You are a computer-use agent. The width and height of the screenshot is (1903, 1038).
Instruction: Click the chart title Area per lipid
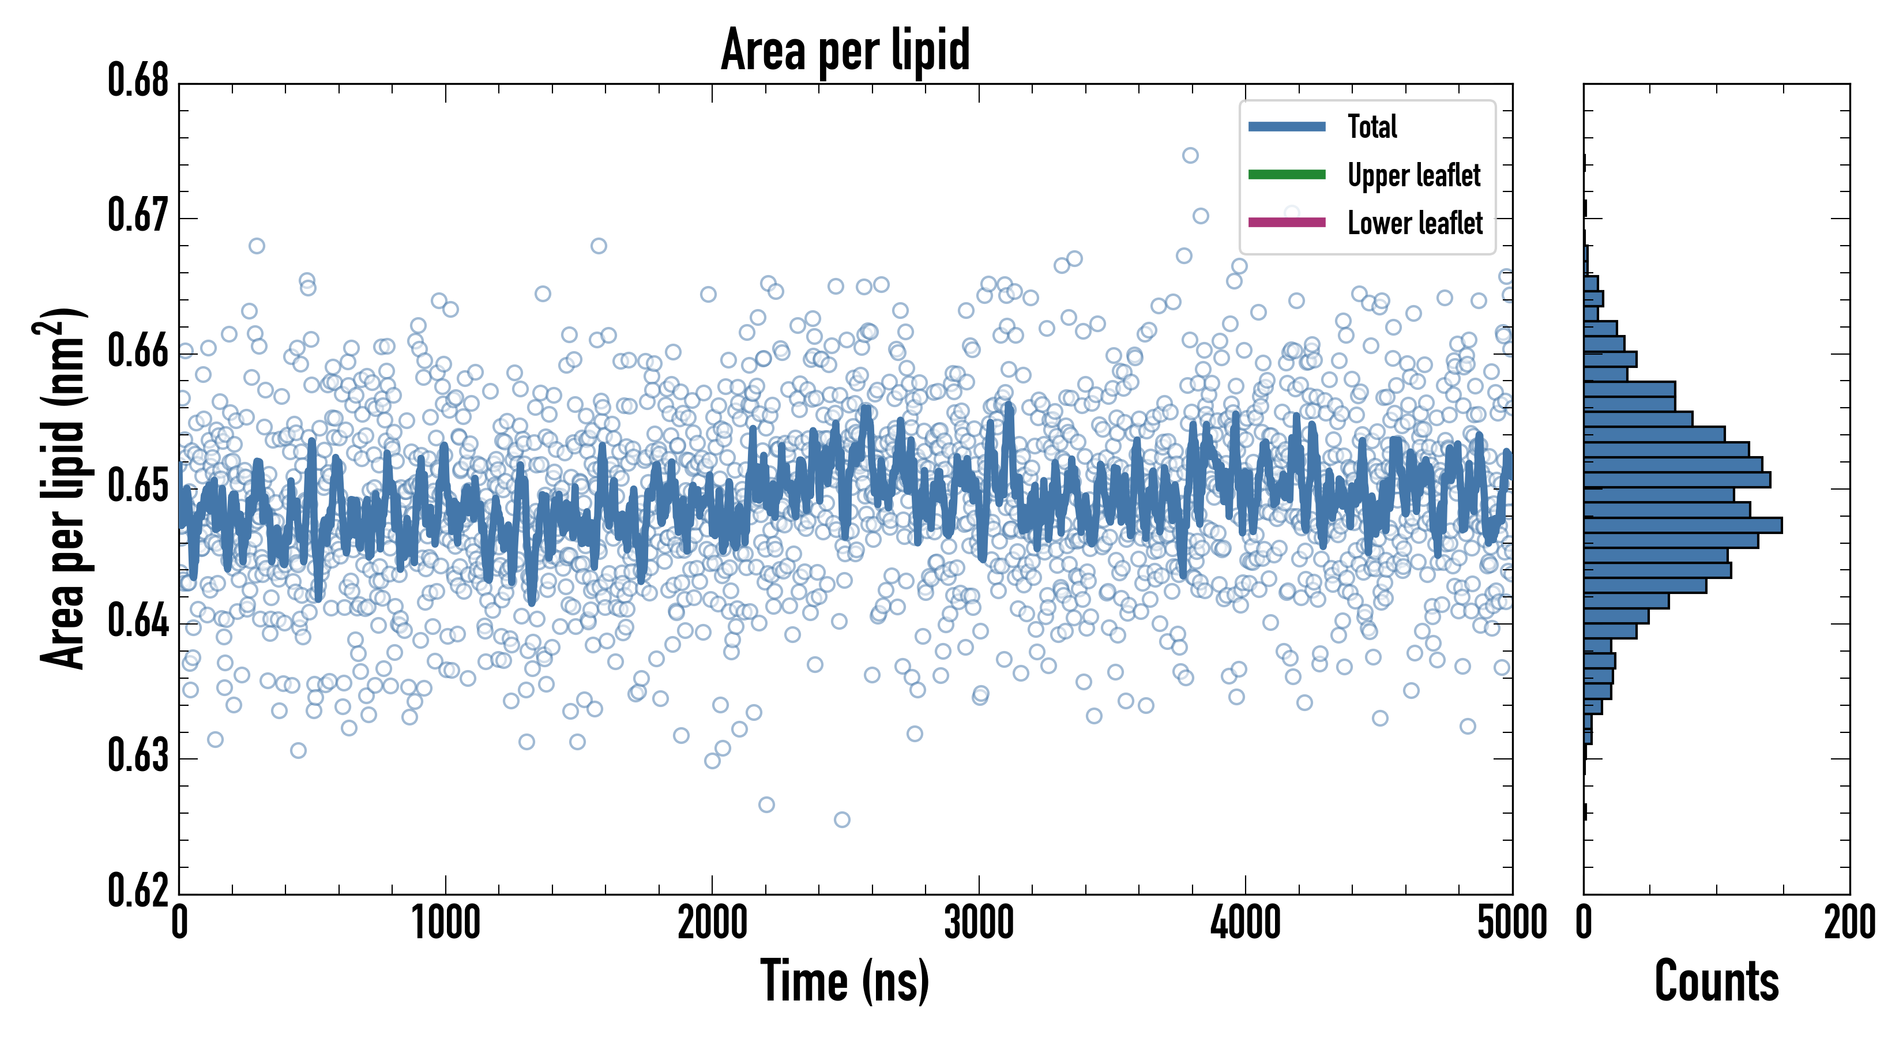click(845, 50)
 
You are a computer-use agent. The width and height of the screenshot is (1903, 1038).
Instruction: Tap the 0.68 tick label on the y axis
click(138, 81)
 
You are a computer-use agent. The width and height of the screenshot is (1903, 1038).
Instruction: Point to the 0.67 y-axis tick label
click(138, 216)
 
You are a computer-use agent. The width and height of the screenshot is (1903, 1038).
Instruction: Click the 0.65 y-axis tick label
click(138, 486)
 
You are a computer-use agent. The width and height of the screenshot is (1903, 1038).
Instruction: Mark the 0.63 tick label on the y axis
click(138, 757)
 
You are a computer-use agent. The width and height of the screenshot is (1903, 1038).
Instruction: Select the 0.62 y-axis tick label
click(138, 890)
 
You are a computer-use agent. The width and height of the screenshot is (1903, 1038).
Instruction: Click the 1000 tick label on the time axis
click(445, 923)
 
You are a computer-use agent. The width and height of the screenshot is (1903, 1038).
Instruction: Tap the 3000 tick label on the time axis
click(979, 923)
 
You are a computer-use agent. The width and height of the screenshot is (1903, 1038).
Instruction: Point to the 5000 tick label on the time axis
click(1511, 923)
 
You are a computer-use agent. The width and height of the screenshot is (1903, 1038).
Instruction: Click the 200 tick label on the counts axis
click(1849, 923)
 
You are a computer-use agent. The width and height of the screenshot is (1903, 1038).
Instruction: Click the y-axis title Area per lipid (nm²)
click(63, 488)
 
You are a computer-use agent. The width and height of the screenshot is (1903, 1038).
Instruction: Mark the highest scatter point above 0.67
click(1190, 155)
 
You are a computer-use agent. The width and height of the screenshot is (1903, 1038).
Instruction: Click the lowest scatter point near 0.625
click(841, 819)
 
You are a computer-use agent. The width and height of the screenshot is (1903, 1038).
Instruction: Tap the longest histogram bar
click(1682, 525)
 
